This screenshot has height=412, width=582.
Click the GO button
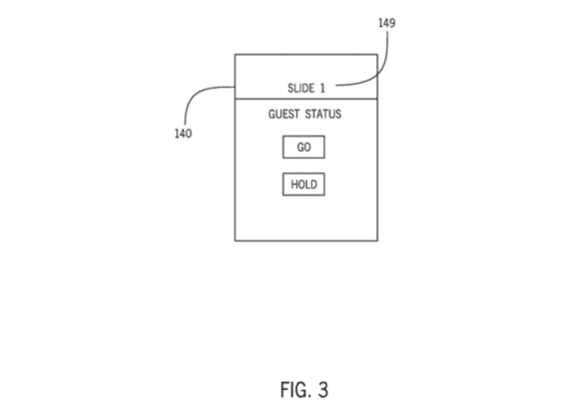(303, 148)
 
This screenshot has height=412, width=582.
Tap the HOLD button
(303, 185)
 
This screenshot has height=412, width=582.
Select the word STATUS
(323, 114)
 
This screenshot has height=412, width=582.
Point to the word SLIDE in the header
(300, 88)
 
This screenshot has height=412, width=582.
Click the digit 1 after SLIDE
(322, 88)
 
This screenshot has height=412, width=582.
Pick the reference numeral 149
(387, 23)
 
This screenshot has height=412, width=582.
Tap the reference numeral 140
(183, 134)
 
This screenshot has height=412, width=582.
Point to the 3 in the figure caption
(322, 390)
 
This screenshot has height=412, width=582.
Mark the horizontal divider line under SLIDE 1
(306, 98)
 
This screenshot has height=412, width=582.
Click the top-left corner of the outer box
(234, 54)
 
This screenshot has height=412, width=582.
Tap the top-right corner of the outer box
(377, 54)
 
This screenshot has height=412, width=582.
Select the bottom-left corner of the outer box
(234, 241)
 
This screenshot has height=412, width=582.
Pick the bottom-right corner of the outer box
(377, 241)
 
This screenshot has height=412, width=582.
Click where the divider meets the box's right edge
(377, 98)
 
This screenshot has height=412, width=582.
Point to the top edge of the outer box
(306, 54)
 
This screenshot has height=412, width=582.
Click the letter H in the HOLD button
(294, 185)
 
